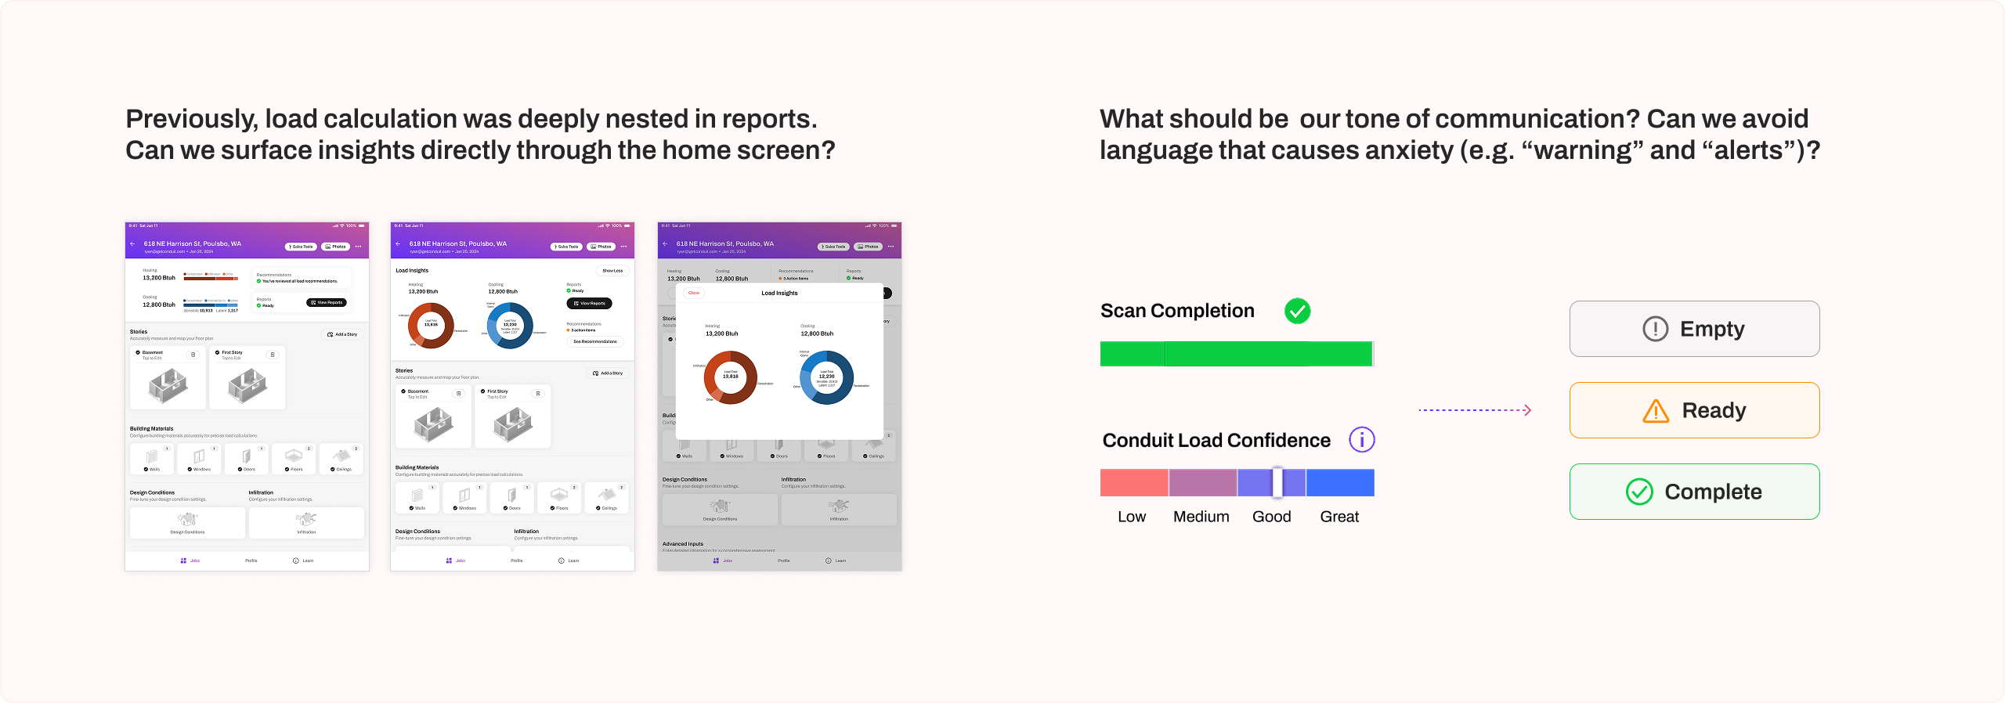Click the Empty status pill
pyautogui.click(x=1694, y=329)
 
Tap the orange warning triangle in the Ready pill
pyautogui.click(x=1656, y=411)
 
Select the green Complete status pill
pyautogui.click(x=1694, y=492)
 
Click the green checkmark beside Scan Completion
pyautogui.click(x=1297, y=311)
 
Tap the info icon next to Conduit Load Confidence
pyautogui.click(x=1361, y=440)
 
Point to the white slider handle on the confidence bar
pyautogui.click(x=1277, y=482)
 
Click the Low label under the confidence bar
pyautogui.click(x=1132, y=517)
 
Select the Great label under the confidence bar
pyautogui.click(x=1339, y=517)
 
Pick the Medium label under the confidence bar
pyautogui.click(x=1201, y=517)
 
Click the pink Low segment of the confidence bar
pyautogui.click(x=1134, y=482)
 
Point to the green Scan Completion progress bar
pyautogui.click(x=1237, y=354)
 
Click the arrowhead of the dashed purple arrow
pyautogui.click(x=1527, y=410)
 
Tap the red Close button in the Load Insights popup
pyautogui.click(x=694, y=293)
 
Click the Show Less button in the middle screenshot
pyautogui.click(x=612, y=271)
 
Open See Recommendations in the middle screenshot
pyautogui.click(x=594, y=341)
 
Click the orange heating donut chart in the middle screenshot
pyautogui.click(x=431, y=326)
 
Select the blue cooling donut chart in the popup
pyautogui.click(x=826, y=377)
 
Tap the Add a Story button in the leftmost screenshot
pyautogui.click(x=342, y=334)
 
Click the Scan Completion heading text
pyautogui.click(x=1177, y=311)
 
